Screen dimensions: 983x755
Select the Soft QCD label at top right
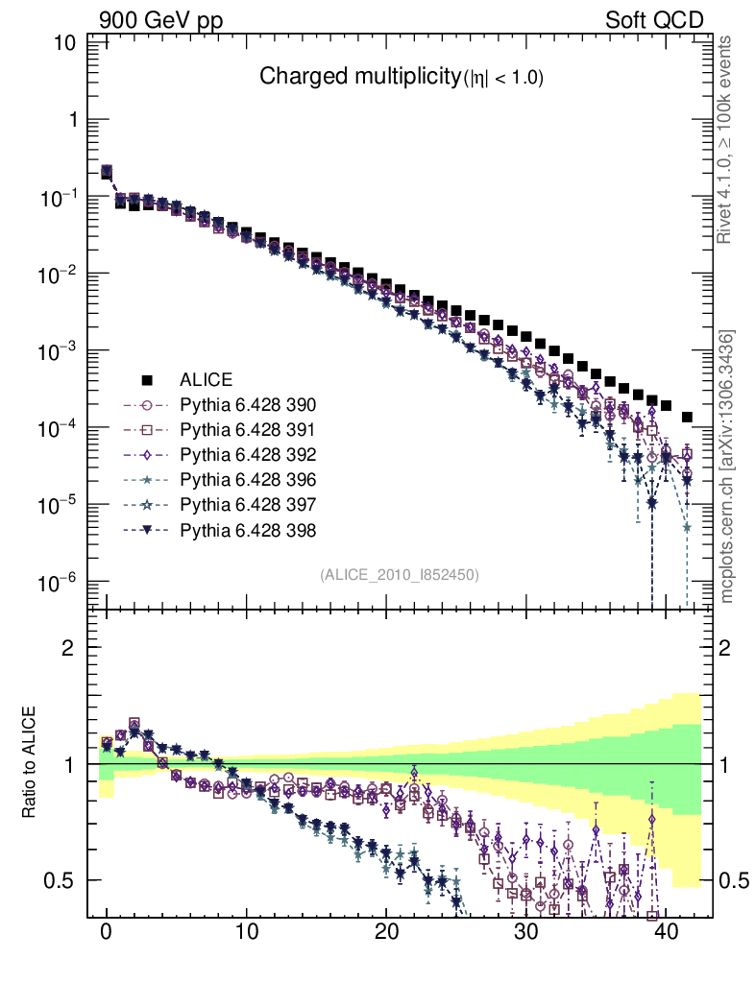coord(654,20)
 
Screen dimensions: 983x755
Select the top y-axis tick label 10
coord(65,43)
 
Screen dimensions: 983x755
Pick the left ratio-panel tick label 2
coord(69,647)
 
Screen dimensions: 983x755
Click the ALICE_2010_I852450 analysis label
coord(399,574)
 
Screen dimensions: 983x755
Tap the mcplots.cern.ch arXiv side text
coord(727,467)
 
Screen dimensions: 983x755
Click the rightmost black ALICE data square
coord(687,418)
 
